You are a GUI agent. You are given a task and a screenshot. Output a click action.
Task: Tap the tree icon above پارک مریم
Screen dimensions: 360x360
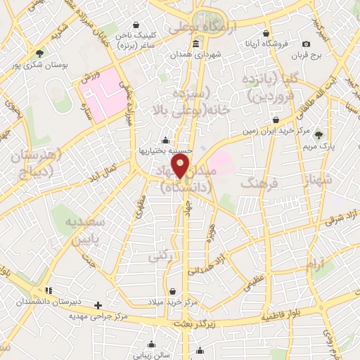click(321, 134)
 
